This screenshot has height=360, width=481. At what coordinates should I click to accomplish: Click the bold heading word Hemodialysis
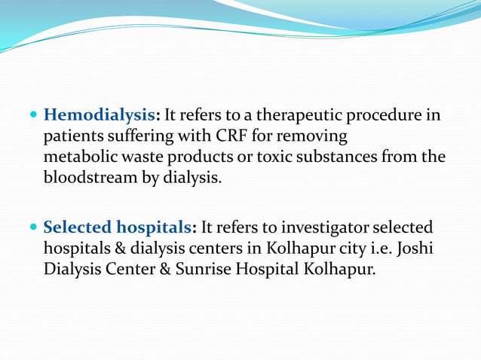(100, 116)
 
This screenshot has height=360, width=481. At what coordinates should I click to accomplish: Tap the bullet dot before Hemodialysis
(33, 117)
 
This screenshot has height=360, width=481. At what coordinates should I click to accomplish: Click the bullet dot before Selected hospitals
(33, 227)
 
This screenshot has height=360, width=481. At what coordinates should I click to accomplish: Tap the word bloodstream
(86, 179)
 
